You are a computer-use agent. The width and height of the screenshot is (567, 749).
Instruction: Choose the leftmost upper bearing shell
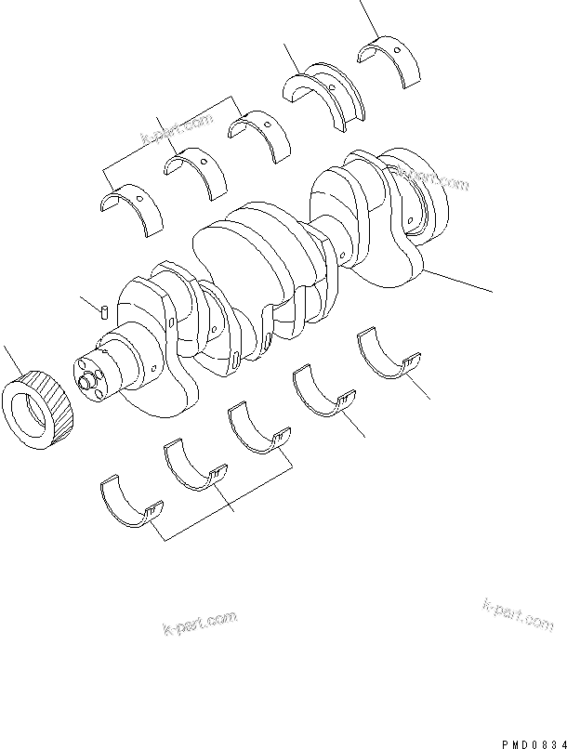(130, 208)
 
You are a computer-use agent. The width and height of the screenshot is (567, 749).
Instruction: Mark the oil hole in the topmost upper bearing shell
(396, 49)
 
